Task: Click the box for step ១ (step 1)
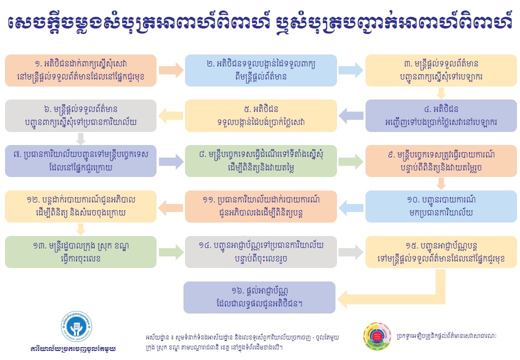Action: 80,70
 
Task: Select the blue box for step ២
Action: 261,70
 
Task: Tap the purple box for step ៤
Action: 441,115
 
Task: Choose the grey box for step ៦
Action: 80,115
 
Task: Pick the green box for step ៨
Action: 261,161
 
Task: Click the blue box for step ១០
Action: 441,206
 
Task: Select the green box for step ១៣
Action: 80,252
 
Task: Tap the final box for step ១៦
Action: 259,297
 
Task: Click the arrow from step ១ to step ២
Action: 171,70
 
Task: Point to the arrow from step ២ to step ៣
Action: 351,70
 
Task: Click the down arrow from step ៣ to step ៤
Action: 441,93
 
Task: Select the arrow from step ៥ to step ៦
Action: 170,115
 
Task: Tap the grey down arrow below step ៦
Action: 80,138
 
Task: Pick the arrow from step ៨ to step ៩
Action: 351,161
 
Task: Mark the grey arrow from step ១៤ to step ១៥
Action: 351,252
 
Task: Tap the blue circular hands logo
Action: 76,327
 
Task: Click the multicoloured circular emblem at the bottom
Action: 377,336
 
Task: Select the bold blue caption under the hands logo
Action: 73,348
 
